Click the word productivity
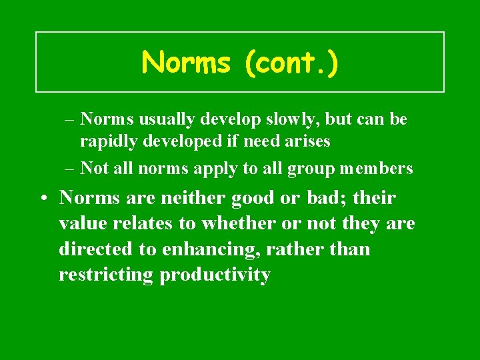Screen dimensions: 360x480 (x=215, y=275)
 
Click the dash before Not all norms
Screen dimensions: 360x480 (x=70, y=169)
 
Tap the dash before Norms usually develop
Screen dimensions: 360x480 (x=70, y=119)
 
